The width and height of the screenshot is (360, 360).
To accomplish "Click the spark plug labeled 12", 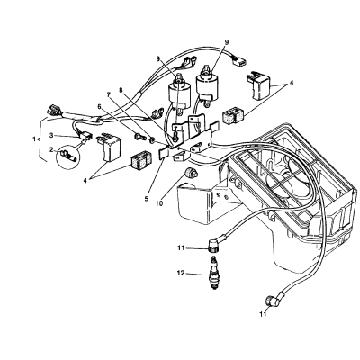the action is tap(214, 274).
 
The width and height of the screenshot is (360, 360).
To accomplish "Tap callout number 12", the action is tap(181, 274).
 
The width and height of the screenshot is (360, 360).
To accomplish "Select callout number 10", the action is tap(159, 203).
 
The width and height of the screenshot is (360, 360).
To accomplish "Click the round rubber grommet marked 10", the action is tap(191, 173).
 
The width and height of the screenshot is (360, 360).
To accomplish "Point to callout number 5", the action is tap(147, 198).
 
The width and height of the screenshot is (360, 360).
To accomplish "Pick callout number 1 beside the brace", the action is tap(35, 139).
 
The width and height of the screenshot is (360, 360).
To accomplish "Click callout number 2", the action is tap(51, 149).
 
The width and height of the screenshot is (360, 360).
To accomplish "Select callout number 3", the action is tap(51, 136).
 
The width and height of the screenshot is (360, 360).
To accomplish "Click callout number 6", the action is tap(100, 106).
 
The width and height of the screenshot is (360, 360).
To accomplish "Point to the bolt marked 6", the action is tap(139, 138).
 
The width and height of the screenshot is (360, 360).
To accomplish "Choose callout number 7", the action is tap(110, 95).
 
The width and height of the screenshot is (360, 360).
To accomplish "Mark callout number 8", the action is tap(121, 89).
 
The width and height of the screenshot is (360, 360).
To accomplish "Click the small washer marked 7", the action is tap(152, 139).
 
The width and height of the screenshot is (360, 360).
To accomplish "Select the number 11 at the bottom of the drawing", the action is tap(263, 314).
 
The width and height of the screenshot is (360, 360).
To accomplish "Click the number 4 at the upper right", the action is tap(290, 84).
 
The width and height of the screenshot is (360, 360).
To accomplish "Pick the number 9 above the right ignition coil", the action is tap(227, 42).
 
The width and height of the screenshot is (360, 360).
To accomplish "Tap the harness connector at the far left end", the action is tap(54, 110).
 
